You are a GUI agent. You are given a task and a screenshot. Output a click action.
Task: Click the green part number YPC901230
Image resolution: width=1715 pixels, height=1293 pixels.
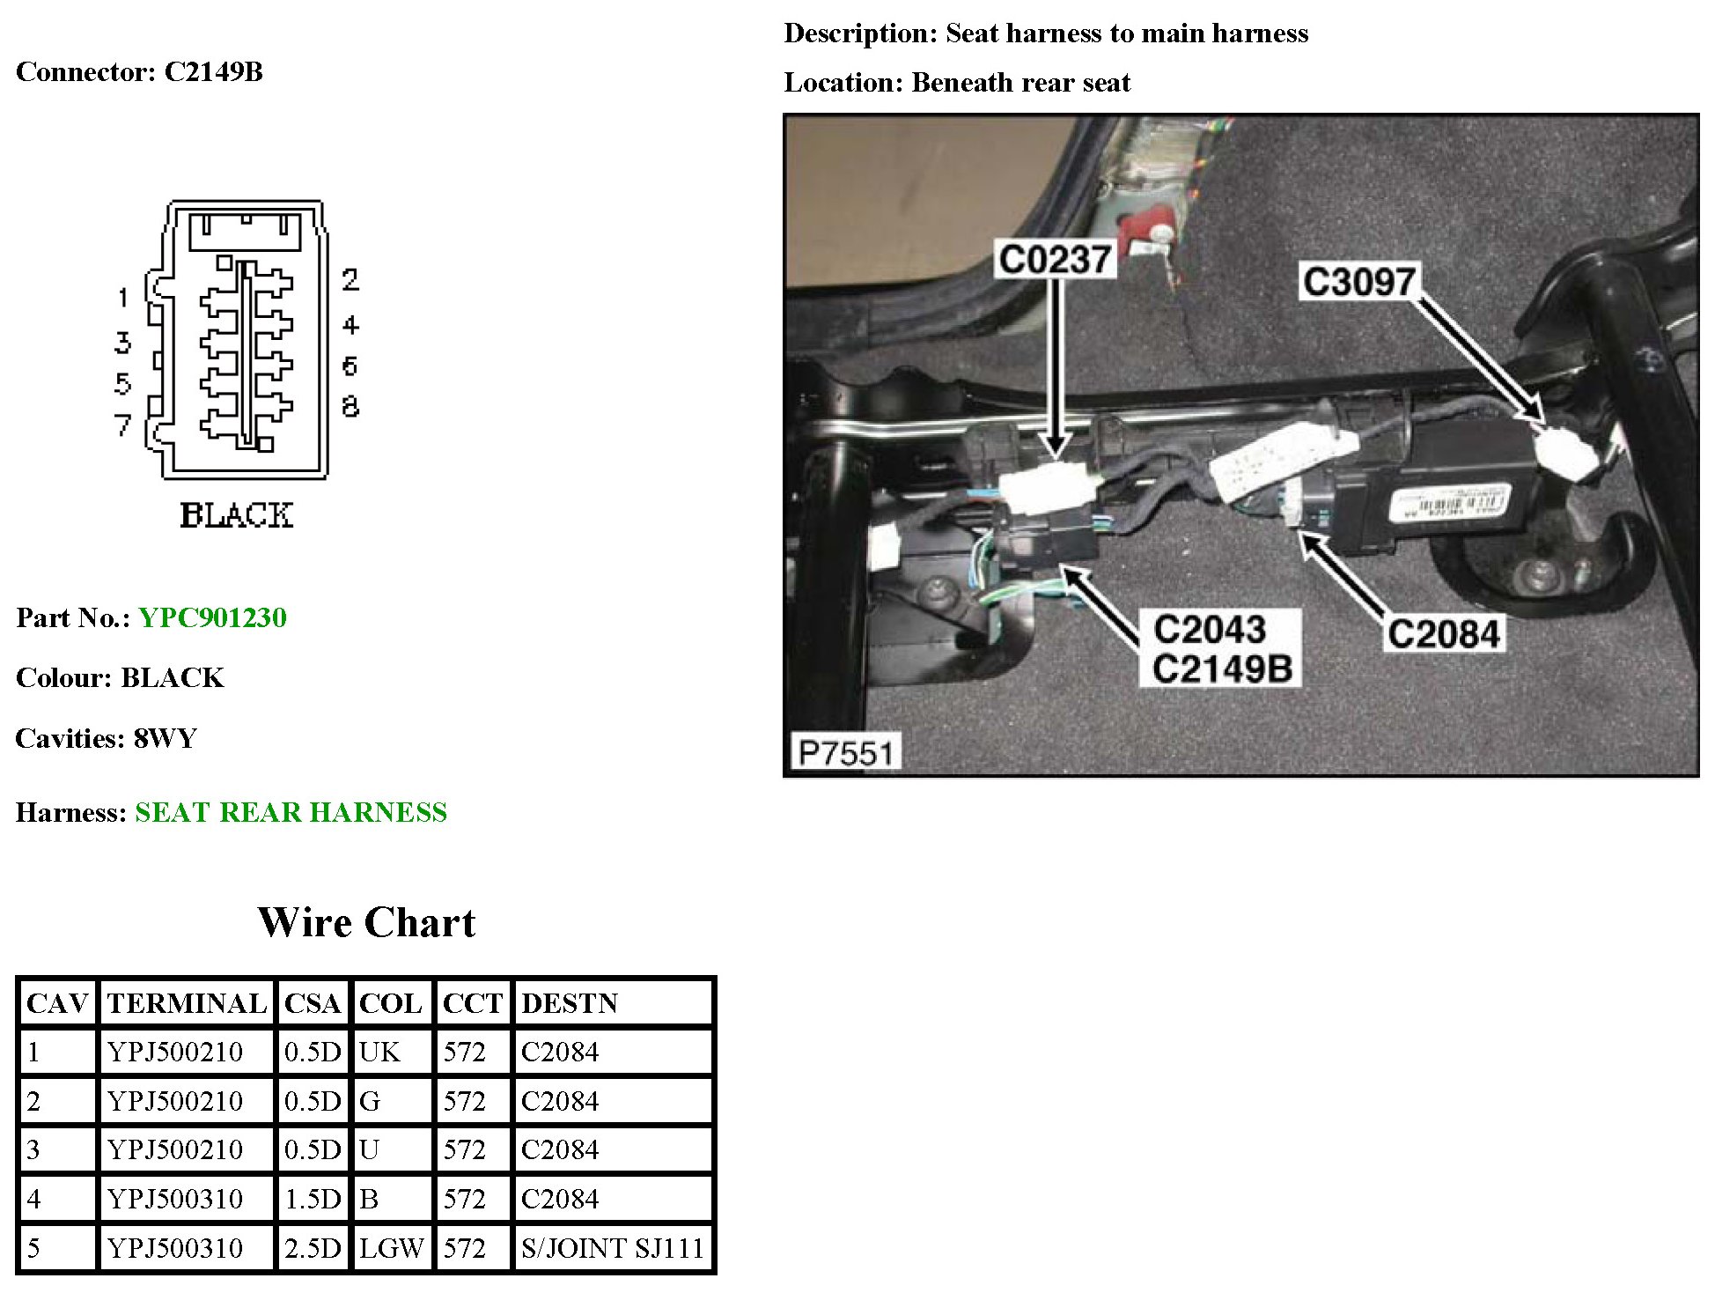coord(212,617)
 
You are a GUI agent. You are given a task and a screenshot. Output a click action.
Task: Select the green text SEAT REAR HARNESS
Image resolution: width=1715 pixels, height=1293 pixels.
coord(291,812)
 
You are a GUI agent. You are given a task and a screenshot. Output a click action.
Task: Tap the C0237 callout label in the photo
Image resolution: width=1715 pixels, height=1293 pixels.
coord(1055,259)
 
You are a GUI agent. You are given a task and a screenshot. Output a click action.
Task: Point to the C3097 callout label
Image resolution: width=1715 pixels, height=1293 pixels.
coord(1358,282)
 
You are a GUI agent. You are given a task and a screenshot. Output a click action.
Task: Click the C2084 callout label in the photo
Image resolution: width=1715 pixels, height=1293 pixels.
coord(1443,633)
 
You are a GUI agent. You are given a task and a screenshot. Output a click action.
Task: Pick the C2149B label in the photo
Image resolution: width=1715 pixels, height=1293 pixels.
coord(1222,669)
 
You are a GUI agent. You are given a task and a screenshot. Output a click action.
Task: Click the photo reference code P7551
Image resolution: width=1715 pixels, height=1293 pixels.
coord(844,753)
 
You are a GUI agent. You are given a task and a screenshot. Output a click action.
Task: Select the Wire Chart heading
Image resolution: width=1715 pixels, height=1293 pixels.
coord(366,922)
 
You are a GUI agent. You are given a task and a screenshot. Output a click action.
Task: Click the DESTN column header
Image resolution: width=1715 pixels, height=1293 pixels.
coord(570,1003)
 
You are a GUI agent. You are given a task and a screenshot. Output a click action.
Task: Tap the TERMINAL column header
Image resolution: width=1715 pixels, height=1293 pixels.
coord(187,1003)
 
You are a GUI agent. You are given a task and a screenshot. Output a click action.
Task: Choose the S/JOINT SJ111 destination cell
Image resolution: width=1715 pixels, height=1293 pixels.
coord(612,1248)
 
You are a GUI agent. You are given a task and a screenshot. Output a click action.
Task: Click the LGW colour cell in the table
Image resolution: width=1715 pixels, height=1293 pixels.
coord(391,1248)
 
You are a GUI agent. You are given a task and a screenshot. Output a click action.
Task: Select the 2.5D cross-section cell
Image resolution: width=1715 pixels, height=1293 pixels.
coord(313,1248)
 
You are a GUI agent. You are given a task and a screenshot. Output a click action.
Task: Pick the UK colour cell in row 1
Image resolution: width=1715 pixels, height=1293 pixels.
coord(379,1052)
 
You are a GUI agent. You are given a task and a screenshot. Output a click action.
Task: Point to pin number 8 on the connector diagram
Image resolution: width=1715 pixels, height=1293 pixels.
coord(350,406)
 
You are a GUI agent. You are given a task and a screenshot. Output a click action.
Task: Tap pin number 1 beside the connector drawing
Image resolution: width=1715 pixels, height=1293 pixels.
coord(122,298)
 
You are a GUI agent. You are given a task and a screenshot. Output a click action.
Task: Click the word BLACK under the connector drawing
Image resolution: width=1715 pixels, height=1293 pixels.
coord(236,515)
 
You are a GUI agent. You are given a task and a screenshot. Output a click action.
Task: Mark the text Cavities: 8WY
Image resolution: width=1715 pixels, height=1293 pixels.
coord(107,738)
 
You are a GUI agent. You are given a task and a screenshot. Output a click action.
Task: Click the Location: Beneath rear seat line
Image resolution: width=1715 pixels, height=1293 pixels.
coord(957,83)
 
